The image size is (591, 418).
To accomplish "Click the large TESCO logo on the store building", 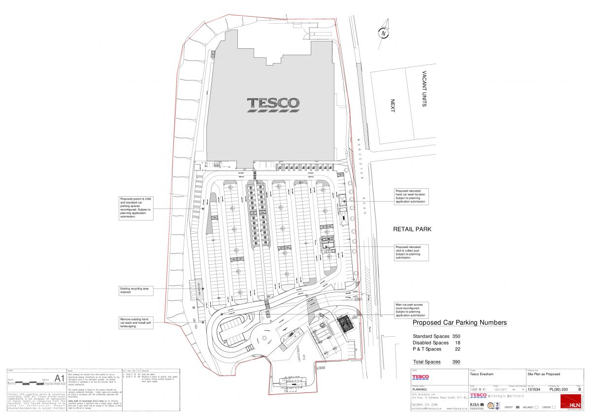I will [273, 104].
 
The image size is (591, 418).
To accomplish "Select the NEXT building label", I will [393, 106].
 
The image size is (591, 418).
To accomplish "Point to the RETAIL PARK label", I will [412, 229].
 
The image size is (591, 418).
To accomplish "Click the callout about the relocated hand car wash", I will [411, 196].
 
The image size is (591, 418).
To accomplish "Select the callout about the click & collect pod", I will [411, 252].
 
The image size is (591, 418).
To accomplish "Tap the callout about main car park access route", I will [411, 310].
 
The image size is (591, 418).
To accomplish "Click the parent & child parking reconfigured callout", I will [136, 208].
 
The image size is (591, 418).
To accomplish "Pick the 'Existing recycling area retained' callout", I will [136, 290].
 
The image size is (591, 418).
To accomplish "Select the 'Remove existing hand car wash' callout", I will [136, 322].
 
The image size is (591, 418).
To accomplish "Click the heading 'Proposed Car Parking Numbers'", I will [459, 323].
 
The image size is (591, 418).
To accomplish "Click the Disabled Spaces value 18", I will [458, 343].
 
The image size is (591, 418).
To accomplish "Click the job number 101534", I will [534, 388].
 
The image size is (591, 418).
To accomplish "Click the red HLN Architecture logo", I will [573, 401].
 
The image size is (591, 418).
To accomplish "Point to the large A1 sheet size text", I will [59, 379].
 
